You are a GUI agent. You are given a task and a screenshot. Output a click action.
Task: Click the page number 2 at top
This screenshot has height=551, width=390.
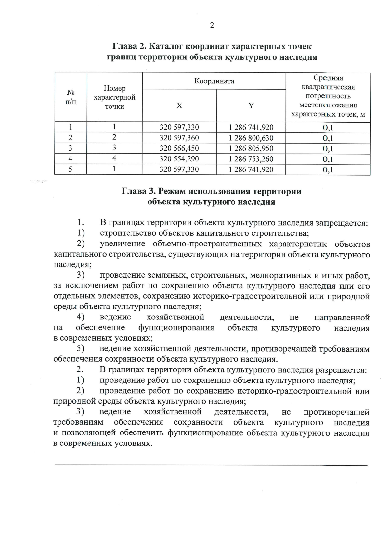tap(212, 26)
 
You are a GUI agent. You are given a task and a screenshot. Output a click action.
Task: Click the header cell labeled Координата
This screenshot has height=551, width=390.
tap(214, 81)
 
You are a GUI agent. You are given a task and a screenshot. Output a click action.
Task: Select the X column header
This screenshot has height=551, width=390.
tap(179, 106)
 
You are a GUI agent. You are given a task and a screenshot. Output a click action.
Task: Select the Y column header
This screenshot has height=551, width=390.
tap(251, 106)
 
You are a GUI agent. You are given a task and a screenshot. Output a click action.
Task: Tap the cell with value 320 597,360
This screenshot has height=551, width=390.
tap(179, 138)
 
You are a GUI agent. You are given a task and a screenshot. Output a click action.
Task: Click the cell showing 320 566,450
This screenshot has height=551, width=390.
tap(179, 148)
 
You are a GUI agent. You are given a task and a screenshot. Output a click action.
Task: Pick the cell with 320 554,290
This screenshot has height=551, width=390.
tap(179, 159)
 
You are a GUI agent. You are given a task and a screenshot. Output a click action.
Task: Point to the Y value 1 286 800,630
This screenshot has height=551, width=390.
tap(251, 138)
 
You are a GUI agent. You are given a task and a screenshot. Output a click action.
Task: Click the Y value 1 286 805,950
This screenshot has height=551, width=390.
tap(251, 148)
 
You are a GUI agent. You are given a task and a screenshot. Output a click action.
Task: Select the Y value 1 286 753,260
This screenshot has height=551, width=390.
tap(251, 159)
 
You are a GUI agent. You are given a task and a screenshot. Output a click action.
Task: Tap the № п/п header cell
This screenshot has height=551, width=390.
tap(71, 97)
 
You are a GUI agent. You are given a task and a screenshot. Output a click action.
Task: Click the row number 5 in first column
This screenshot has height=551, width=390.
tap(70, 169)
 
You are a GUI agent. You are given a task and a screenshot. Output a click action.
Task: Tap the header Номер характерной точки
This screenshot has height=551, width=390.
tap(114, 97)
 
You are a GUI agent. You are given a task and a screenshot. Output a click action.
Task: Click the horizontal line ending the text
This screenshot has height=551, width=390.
tap(211, 465)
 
